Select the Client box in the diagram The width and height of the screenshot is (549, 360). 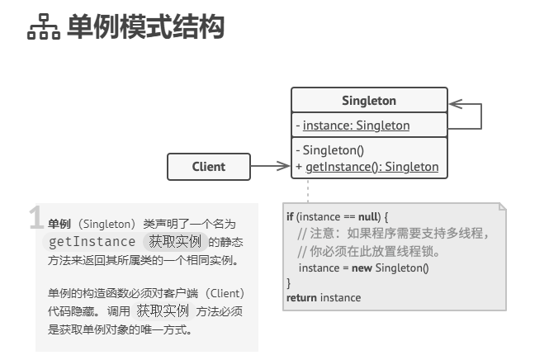208,166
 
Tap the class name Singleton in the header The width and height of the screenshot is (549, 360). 369,101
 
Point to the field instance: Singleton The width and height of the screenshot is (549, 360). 356,126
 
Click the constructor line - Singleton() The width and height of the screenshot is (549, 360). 334,150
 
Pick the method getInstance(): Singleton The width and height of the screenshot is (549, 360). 372,166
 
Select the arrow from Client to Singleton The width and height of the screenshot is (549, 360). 270,166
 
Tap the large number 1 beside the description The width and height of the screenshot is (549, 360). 35,218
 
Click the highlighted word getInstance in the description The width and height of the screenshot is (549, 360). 92,241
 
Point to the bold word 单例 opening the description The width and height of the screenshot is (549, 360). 59,224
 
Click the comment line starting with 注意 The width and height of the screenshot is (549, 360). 393,234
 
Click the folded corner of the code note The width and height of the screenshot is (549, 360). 500,206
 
